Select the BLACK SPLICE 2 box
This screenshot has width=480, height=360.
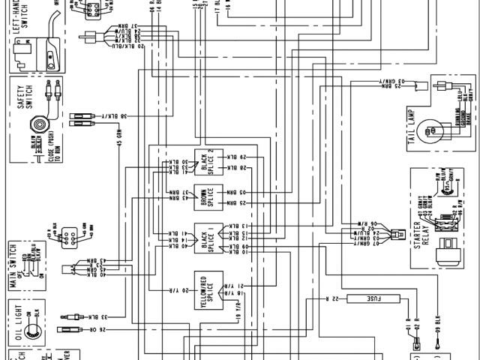pyautogui.click(x=209, y=160)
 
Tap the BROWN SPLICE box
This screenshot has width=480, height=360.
pyautogui.click(x=209, y=196)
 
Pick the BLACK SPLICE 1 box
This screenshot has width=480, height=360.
pyautogui.click(x=209, y=238)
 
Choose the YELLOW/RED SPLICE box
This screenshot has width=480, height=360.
pyautogui.click(x=209, y=286)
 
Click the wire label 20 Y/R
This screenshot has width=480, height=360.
pyautogui.click(x=174, y=289)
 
